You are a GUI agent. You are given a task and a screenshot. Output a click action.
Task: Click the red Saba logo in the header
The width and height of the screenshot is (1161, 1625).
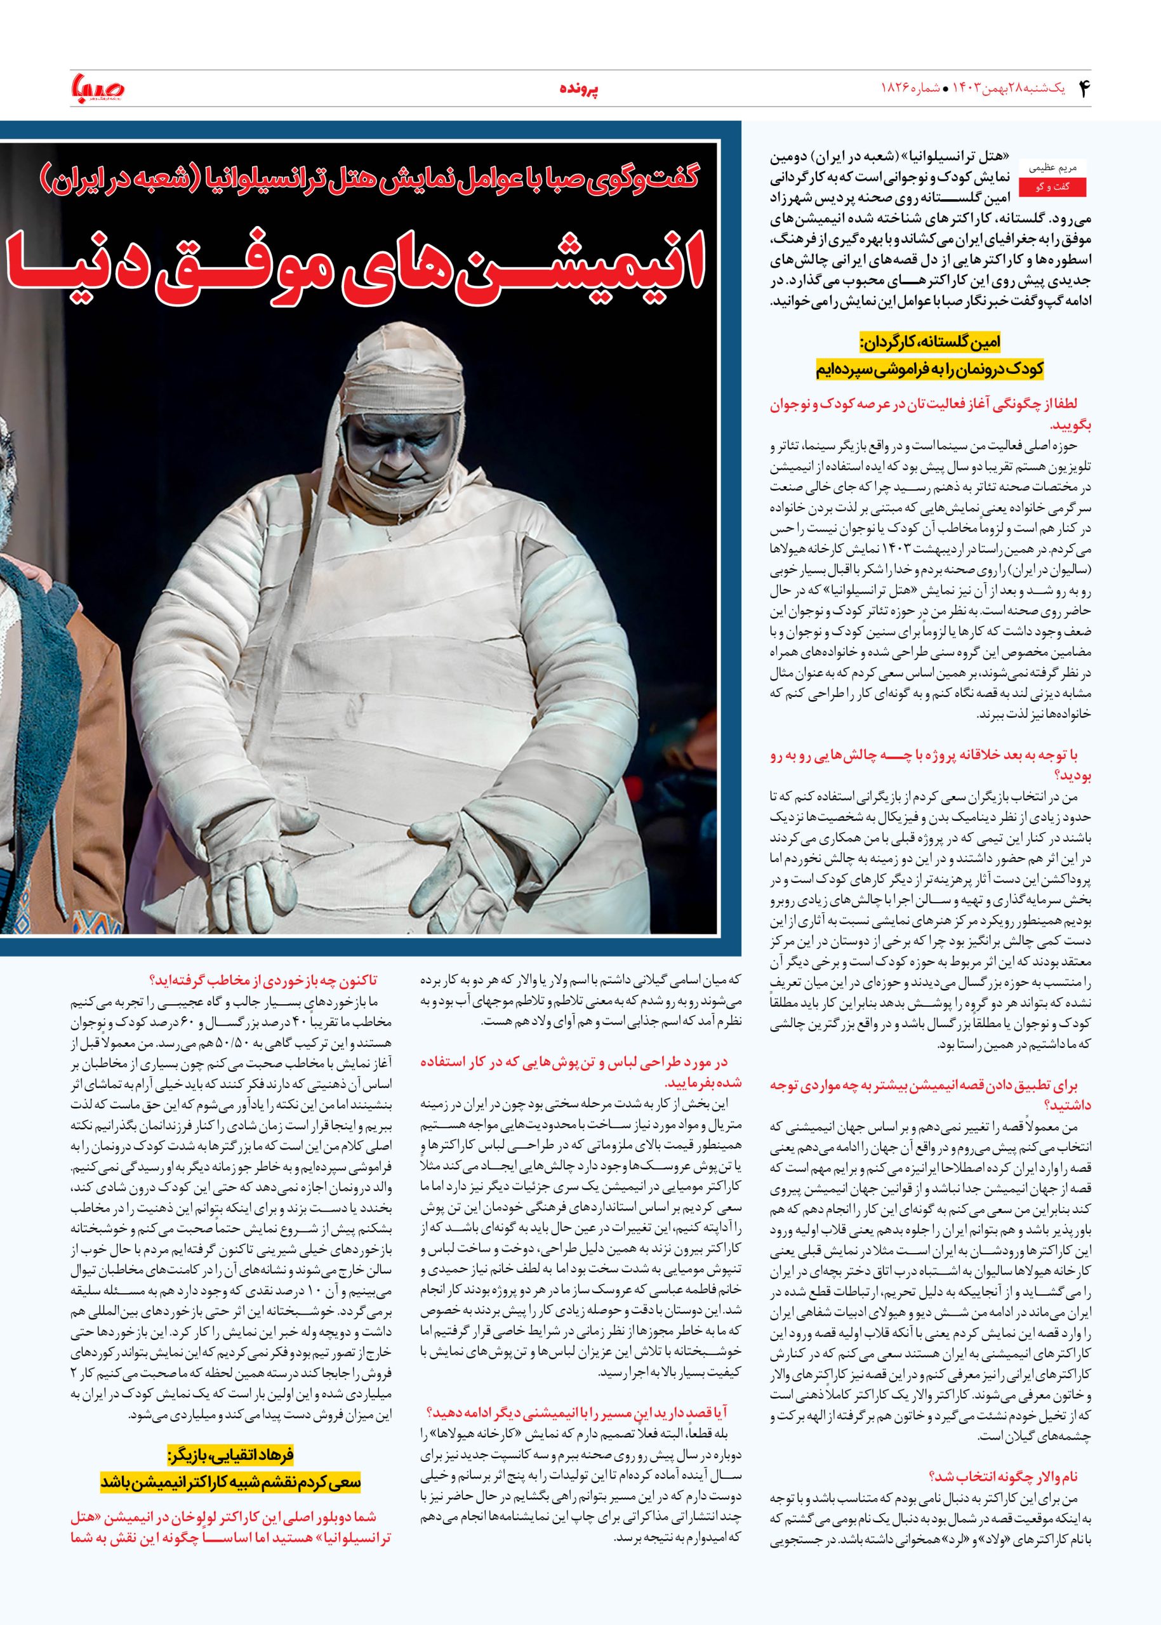pos(98,90)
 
